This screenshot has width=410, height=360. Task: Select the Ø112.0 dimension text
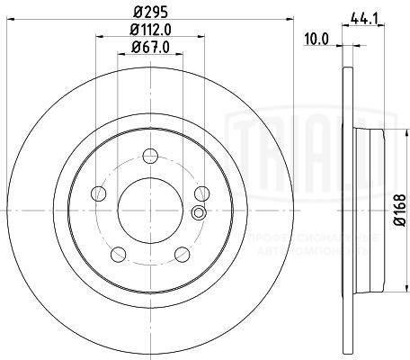point(150,31)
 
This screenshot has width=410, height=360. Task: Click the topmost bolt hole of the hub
point(150,154)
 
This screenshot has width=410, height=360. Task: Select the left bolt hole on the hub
point(100,192)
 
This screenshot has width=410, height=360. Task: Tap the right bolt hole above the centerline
point(201,192)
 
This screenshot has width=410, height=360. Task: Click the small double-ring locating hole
point(199,213)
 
